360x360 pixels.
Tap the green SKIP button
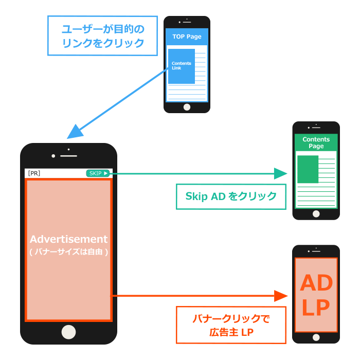tap(98, 173)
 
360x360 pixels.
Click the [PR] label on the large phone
tap(34, 173)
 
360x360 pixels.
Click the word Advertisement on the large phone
tap(68, 239)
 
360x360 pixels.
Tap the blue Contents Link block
tap(181, 66)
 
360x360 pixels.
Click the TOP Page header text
tap(187, 37)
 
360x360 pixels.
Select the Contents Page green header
tap(316, 142)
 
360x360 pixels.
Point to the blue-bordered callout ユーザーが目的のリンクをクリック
tap(102, 35)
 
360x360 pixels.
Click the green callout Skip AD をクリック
tap(230, 196)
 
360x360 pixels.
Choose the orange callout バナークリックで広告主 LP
tap(230, 325)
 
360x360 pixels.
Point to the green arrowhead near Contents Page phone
tap(280, 173)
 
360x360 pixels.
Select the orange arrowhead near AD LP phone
tap(280, 296)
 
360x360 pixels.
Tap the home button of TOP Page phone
tap(187, 107)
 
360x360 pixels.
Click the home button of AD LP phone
tap(316, 337)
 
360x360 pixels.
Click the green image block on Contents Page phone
tap(308, 169)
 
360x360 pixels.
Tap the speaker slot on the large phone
tap(68, 155)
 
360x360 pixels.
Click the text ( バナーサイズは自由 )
tap(68, 252)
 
